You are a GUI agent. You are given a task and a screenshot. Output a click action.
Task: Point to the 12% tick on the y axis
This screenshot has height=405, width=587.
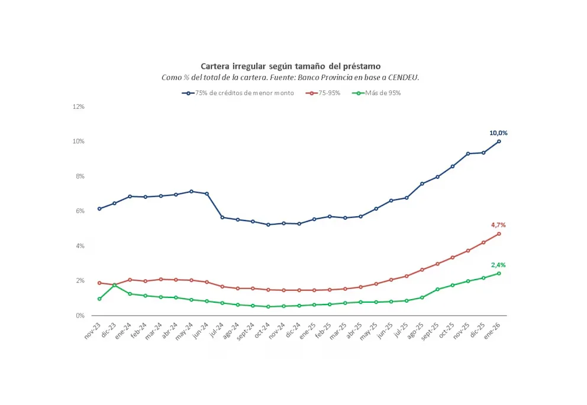coord(78,106)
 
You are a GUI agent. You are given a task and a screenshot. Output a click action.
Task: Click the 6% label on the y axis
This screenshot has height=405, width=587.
coord(80,211)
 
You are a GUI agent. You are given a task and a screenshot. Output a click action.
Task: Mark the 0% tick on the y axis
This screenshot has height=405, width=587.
coord(80,315)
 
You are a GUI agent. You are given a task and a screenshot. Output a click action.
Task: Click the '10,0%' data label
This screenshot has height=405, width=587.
coord(498,133)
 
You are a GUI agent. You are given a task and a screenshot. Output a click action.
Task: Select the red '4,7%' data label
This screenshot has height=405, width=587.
coord(498,225)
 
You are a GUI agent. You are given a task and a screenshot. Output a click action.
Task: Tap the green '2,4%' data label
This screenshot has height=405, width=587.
coord(498,265)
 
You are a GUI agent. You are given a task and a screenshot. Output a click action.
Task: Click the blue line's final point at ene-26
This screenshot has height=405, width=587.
coord(499,141)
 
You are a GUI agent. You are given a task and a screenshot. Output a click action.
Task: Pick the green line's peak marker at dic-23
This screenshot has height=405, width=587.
coord(115,285)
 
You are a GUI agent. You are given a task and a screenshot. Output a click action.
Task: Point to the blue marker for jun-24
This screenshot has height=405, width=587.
coord(207,194)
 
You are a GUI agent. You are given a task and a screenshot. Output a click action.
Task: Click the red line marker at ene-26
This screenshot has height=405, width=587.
coord(499,234)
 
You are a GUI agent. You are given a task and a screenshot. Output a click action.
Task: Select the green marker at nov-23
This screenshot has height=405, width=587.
coord(99,299)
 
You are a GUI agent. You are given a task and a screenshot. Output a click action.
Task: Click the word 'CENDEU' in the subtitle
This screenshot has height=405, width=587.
coord(401,77)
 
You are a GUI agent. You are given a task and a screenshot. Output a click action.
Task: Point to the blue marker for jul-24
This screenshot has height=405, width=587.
coord(222,217)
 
